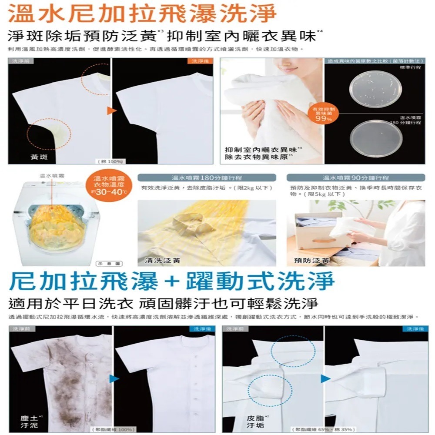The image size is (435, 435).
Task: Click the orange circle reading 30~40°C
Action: coord(106,186)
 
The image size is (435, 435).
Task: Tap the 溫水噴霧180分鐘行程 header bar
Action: coord(207,178)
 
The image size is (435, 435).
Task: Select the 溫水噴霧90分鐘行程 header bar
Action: coord(355,178)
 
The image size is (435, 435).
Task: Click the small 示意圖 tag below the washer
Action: coord(102,263)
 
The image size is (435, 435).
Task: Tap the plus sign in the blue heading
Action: coord(172,281)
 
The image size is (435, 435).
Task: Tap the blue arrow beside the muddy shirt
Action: coord(114,378)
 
